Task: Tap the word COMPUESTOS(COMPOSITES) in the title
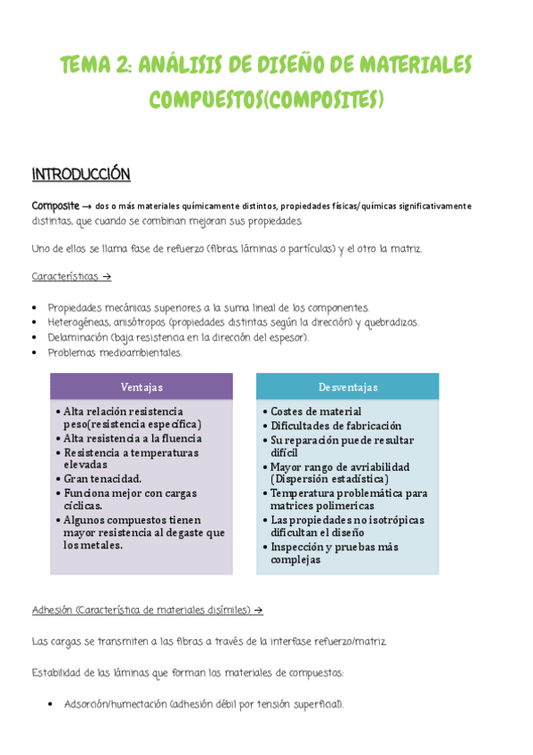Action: (266, 99)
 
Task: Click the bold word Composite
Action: (57, 206)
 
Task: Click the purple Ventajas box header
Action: (141, 386)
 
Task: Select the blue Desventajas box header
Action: (348, 386)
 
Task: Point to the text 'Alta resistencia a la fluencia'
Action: (133, 438)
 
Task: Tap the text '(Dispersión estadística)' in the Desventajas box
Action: (327, 479)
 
